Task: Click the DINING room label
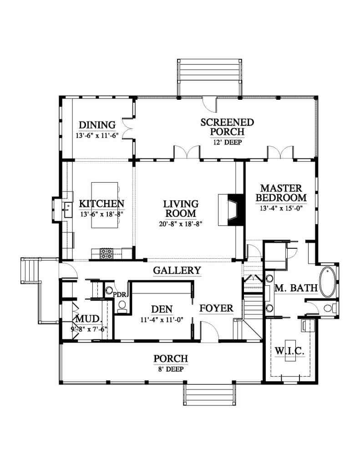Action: [97, 125]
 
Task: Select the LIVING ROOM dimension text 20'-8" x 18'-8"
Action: [181, 224]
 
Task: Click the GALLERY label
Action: [177, 270]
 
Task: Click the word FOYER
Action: [216, 308]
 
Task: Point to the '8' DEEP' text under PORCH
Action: [170, 369]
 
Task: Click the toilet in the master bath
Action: [330, 307]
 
